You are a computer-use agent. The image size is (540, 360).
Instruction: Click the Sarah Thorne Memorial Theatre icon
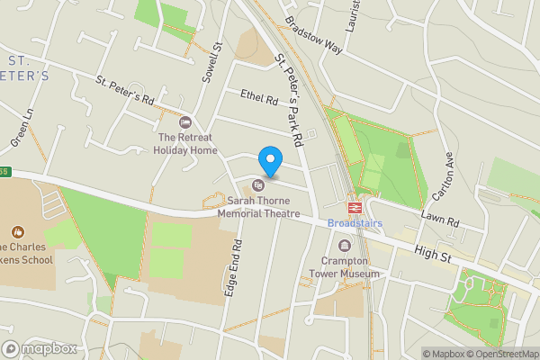point(258,186)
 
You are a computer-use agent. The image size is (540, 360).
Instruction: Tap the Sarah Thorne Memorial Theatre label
point(257,208)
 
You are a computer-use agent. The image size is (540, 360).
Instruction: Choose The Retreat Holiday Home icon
point(186,122)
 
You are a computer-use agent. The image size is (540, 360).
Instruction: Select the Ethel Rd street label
point(259,97)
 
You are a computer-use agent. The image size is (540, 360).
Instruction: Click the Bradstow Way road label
point(313,33)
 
